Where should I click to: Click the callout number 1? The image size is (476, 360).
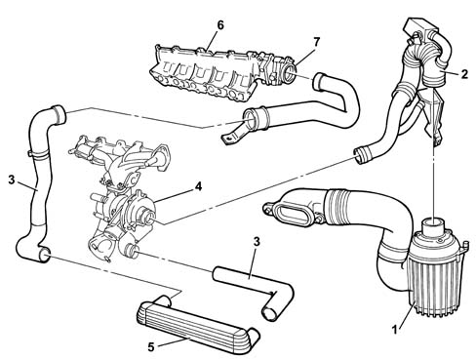click(x=395, y=330)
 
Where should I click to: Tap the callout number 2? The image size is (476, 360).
click(x=464, y=74)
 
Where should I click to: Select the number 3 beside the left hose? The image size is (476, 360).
click(x=12, y=180)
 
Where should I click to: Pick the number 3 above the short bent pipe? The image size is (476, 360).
click(x=257, y=241)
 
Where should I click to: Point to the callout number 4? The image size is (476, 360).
click(x=198, y=186)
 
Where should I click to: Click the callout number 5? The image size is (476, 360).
click(x=151, y=347)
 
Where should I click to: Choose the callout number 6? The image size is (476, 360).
click(x=220, y=25)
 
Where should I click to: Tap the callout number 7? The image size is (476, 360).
click(x=316, y=42)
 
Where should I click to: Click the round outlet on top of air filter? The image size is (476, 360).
click(x=432, y=225)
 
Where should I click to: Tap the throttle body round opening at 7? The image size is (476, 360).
click(x=288, y=72)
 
